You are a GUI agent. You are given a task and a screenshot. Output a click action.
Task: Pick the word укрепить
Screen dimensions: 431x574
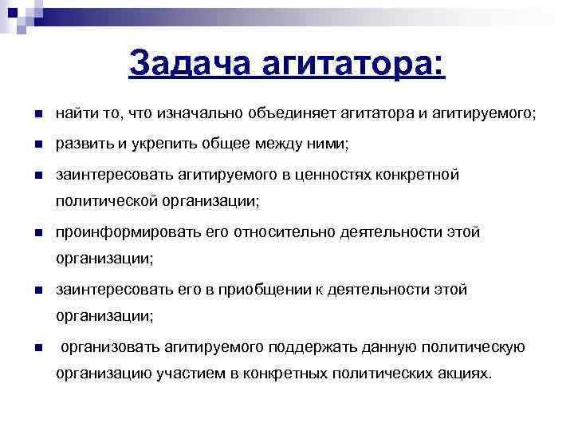(150, 144)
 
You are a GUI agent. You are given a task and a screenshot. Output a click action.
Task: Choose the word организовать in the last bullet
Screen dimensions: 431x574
(110, 347)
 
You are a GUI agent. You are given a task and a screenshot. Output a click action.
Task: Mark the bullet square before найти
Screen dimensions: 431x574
(37, 116)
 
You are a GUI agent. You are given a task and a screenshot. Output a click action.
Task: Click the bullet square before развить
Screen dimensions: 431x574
(37, 145)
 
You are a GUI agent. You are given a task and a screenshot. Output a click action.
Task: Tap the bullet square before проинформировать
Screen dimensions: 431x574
(37, 233)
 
